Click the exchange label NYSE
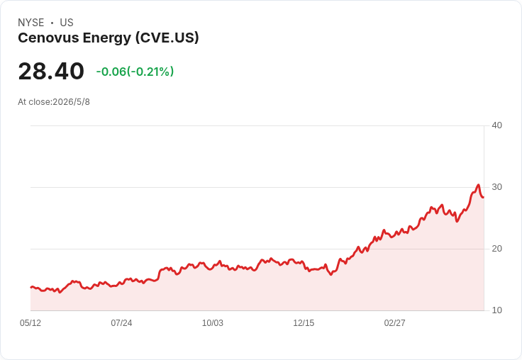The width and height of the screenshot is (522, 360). coord(31,23)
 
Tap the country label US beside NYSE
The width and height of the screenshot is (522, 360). coord(67,23)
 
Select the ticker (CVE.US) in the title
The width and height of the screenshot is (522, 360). coord(167,38)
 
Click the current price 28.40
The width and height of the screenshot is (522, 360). coord(51,71)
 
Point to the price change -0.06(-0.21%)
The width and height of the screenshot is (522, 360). coord(135,72)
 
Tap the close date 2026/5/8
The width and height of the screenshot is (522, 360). coord(71,102)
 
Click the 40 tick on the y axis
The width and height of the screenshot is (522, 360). coord(497,125)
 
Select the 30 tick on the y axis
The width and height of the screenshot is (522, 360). coord(497,187)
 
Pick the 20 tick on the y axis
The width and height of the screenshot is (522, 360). coord(497,249)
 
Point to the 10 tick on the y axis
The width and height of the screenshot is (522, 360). coord(497,310)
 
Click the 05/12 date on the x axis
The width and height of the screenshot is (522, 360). coord(30,323)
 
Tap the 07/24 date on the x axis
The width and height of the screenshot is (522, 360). coord(121,323)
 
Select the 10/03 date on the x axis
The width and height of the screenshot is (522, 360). coord(213,323)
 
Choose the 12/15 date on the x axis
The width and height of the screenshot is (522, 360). coord(304,323)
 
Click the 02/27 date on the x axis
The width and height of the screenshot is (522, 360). coord(395,323)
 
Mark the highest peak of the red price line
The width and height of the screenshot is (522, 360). coord(479,185)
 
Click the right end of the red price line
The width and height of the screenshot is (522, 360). coord(484,197)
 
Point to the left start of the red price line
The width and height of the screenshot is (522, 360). coord(31,287)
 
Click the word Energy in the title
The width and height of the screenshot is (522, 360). coord(107,38)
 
